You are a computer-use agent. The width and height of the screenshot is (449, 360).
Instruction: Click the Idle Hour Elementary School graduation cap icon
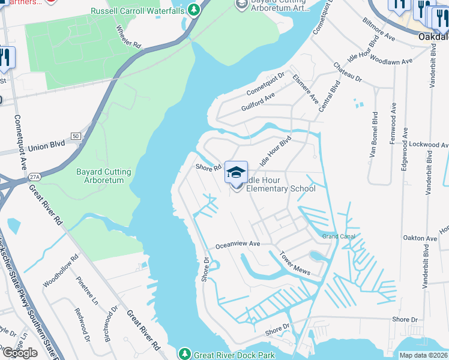point(237,172)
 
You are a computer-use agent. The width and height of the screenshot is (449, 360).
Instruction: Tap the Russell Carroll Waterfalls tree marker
point(193,10)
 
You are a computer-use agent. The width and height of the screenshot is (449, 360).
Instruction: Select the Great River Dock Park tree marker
point(185,354)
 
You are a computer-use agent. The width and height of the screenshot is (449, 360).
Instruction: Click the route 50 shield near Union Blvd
point(75,137)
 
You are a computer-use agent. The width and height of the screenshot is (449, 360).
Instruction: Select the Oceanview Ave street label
point(237,244)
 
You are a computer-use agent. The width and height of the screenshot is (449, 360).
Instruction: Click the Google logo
point(20,353)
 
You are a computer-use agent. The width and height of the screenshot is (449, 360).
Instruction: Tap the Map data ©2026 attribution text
point(423,355)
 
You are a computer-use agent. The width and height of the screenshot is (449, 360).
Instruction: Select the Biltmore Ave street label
point(379,28)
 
